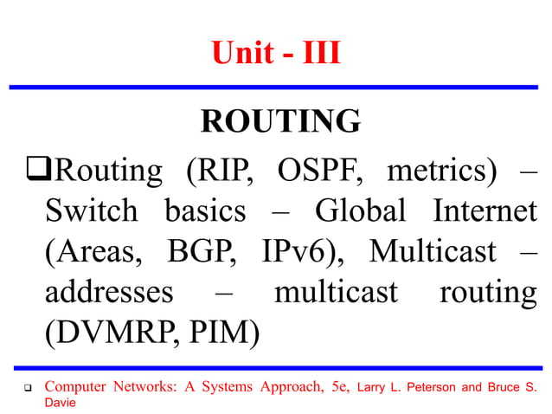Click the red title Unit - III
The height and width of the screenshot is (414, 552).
tap(276, 55)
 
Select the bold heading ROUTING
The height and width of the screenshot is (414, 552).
tap(280, 121)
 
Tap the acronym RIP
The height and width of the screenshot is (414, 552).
tap(220, 171)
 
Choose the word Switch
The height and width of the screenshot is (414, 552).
tap(91, 211)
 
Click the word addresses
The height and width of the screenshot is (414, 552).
tap(109, 292)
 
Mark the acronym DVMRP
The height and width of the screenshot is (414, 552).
tap(110, 333)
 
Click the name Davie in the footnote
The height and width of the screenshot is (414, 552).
tap(61, 403)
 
